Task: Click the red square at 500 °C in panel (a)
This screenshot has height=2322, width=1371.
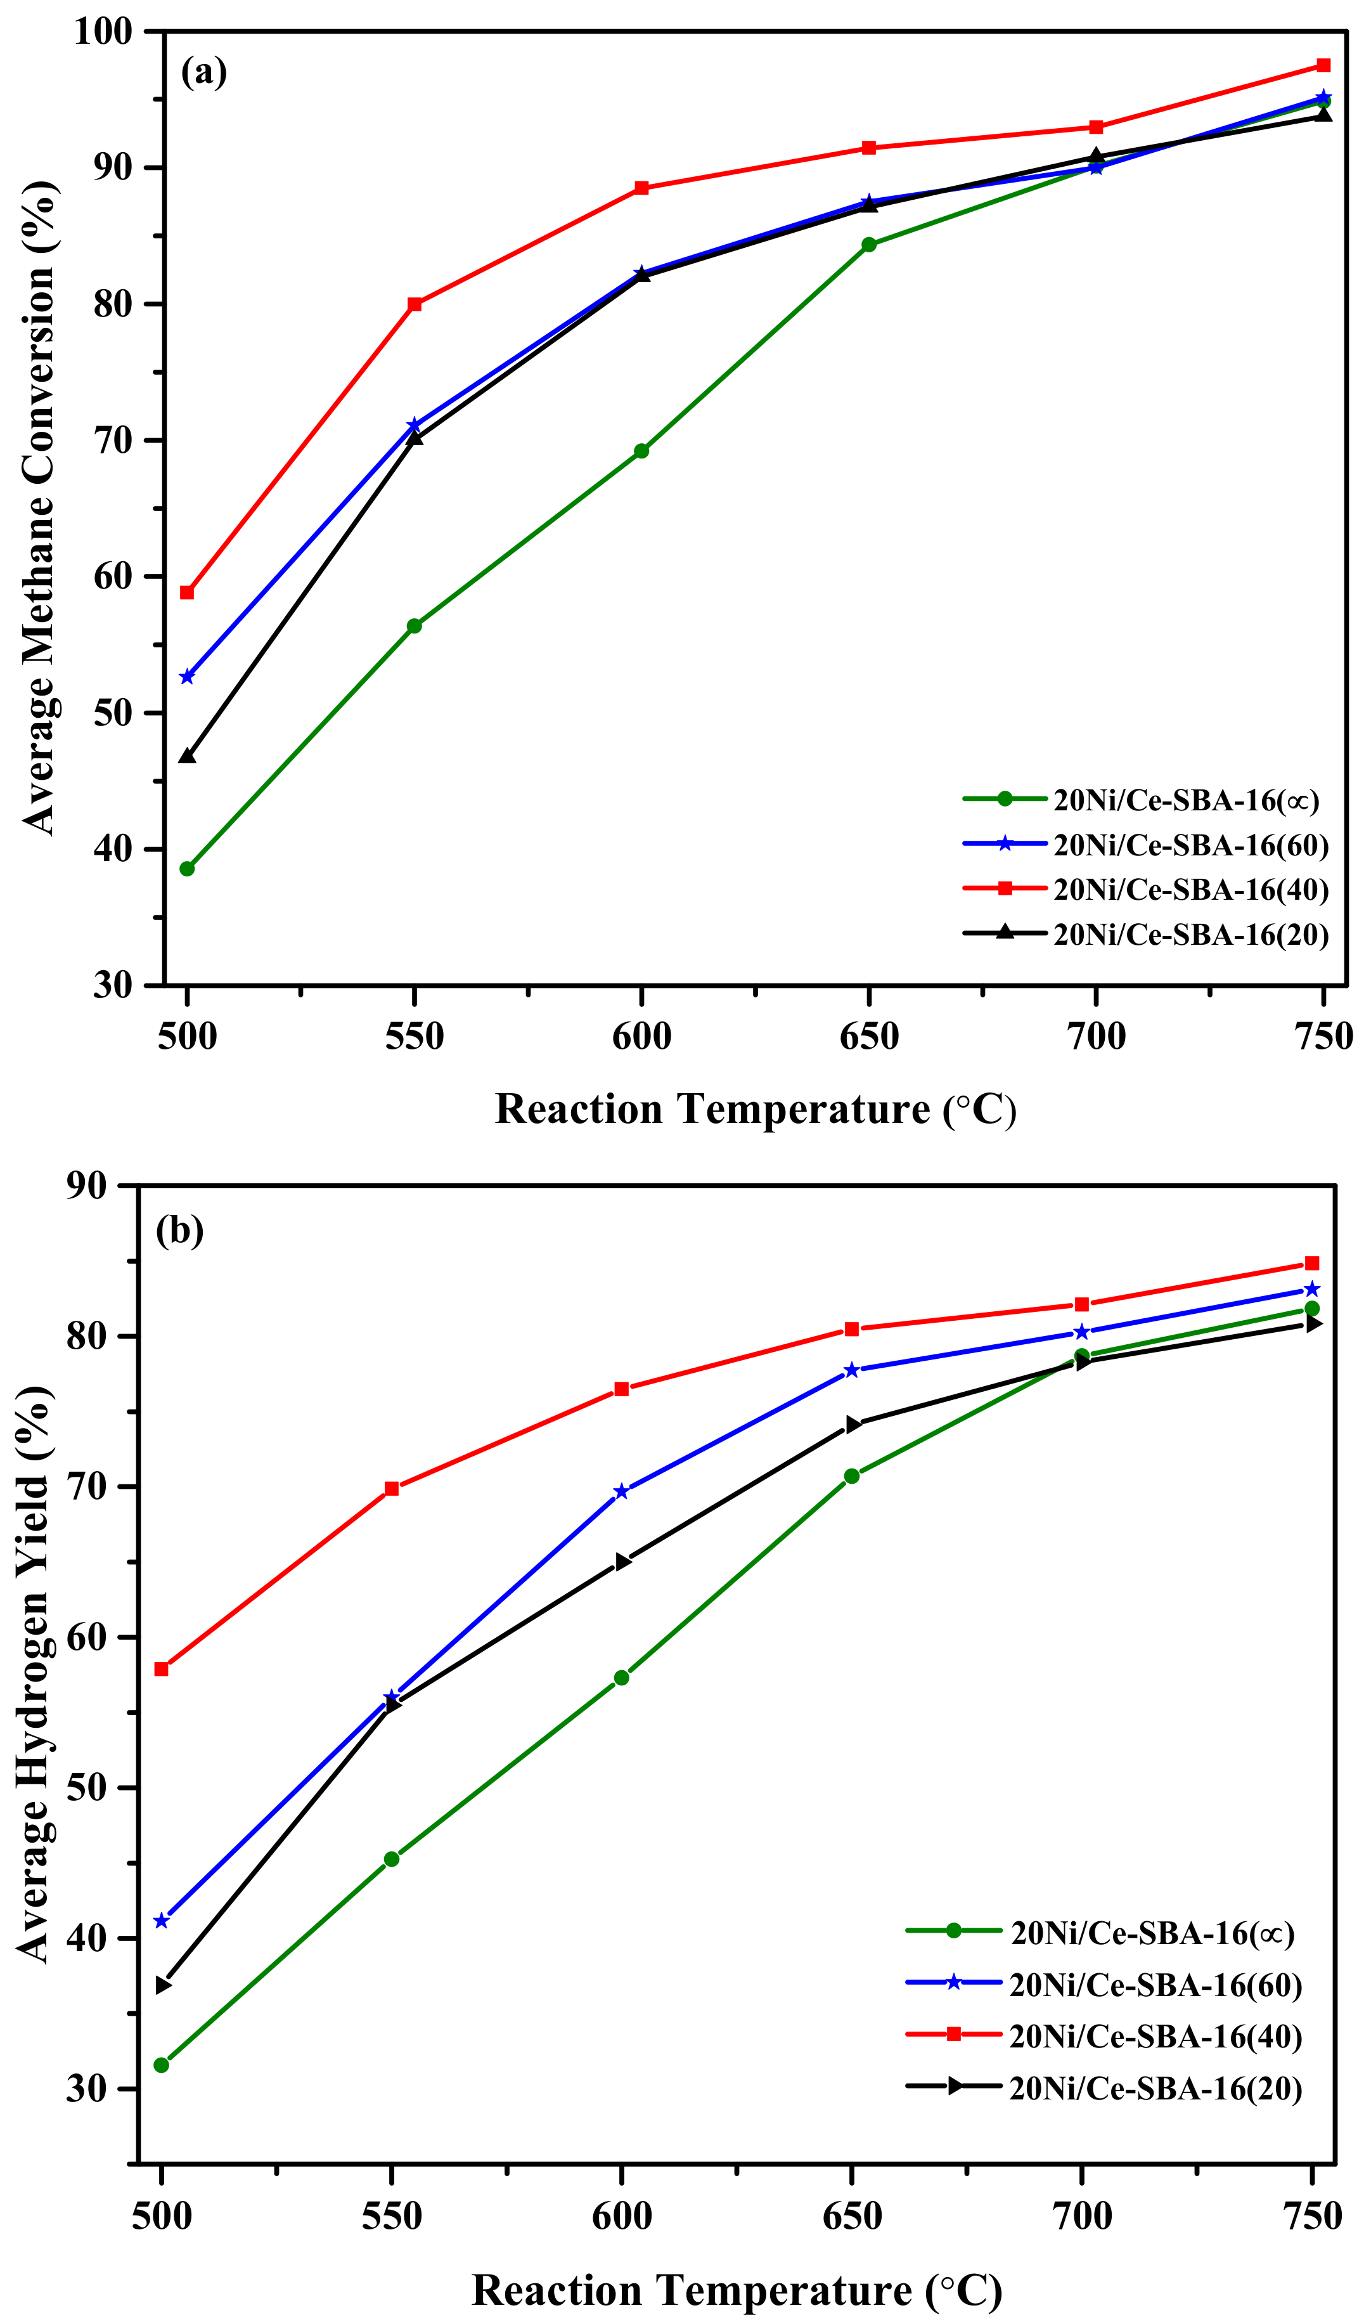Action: pos(186,592)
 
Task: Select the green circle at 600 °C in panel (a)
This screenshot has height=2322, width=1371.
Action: pos(641,451)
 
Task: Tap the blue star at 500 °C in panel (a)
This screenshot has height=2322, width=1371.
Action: pos(186,677)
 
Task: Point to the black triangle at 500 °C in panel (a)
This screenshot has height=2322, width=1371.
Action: pos(186,756)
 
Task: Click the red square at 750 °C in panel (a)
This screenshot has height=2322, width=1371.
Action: pos(1323,65)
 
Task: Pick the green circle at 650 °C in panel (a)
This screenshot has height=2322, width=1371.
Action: pos(868,245)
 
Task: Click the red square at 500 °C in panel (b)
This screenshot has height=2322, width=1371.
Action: pos(162,1669)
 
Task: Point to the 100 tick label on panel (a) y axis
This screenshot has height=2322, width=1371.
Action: pos(103,32)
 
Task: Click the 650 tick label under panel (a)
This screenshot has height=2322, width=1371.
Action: pos(868,1036)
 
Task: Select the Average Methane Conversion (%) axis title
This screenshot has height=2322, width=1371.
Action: pos(39,508)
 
